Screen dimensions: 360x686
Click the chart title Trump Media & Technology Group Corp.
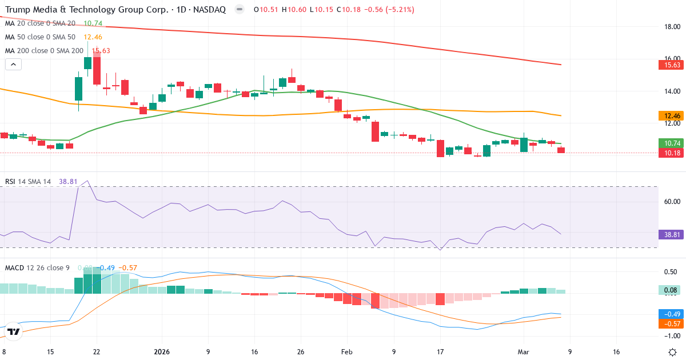click(86, 10)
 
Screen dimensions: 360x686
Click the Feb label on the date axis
click(346, 352)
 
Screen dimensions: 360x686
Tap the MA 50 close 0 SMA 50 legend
click(40, 37)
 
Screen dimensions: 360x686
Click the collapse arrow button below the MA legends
click(13, 64)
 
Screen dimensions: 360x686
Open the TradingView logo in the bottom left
click(13, 331)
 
